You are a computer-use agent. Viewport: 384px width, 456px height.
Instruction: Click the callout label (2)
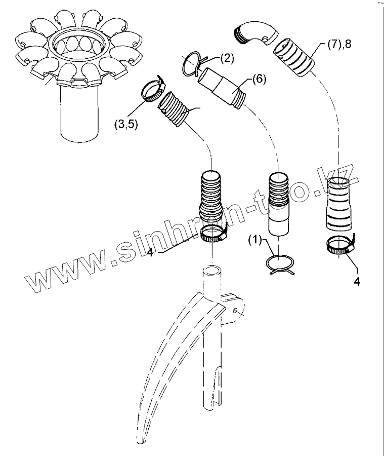point(226,58)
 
